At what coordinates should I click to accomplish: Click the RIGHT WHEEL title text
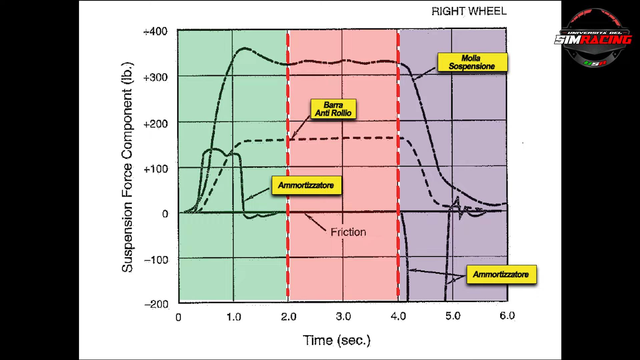(469, 11)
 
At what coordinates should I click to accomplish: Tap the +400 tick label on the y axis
(155, 31)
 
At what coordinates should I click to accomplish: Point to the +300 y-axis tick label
(155, 77)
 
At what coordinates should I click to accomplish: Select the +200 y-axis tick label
(155, 124)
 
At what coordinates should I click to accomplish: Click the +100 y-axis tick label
(155, 169)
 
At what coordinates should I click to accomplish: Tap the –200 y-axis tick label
(156, 304)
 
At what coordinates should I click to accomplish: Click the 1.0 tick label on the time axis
(233, 317)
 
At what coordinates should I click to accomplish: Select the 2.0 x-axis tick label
(288, 316)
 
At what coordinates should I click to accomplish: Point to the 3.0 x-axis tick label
(343, 316)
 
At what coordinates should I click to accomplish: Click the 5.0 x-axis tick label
(453, 316)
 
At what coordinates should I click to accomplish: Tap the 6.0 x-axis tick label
(507, 315)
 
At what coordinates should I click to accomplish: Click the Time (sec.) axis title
(337, 340)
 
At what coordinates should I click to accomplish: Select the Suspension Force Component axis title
(127, 167)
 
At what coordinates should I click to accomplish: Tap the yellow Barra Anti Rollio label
(333, 109)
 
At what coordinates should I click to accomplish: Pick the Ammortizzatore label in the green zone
(306, 185)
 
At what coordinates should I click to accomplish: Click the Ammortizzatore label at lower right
(501, 274)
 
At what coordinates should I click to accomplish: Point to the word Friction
(348, 232)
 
